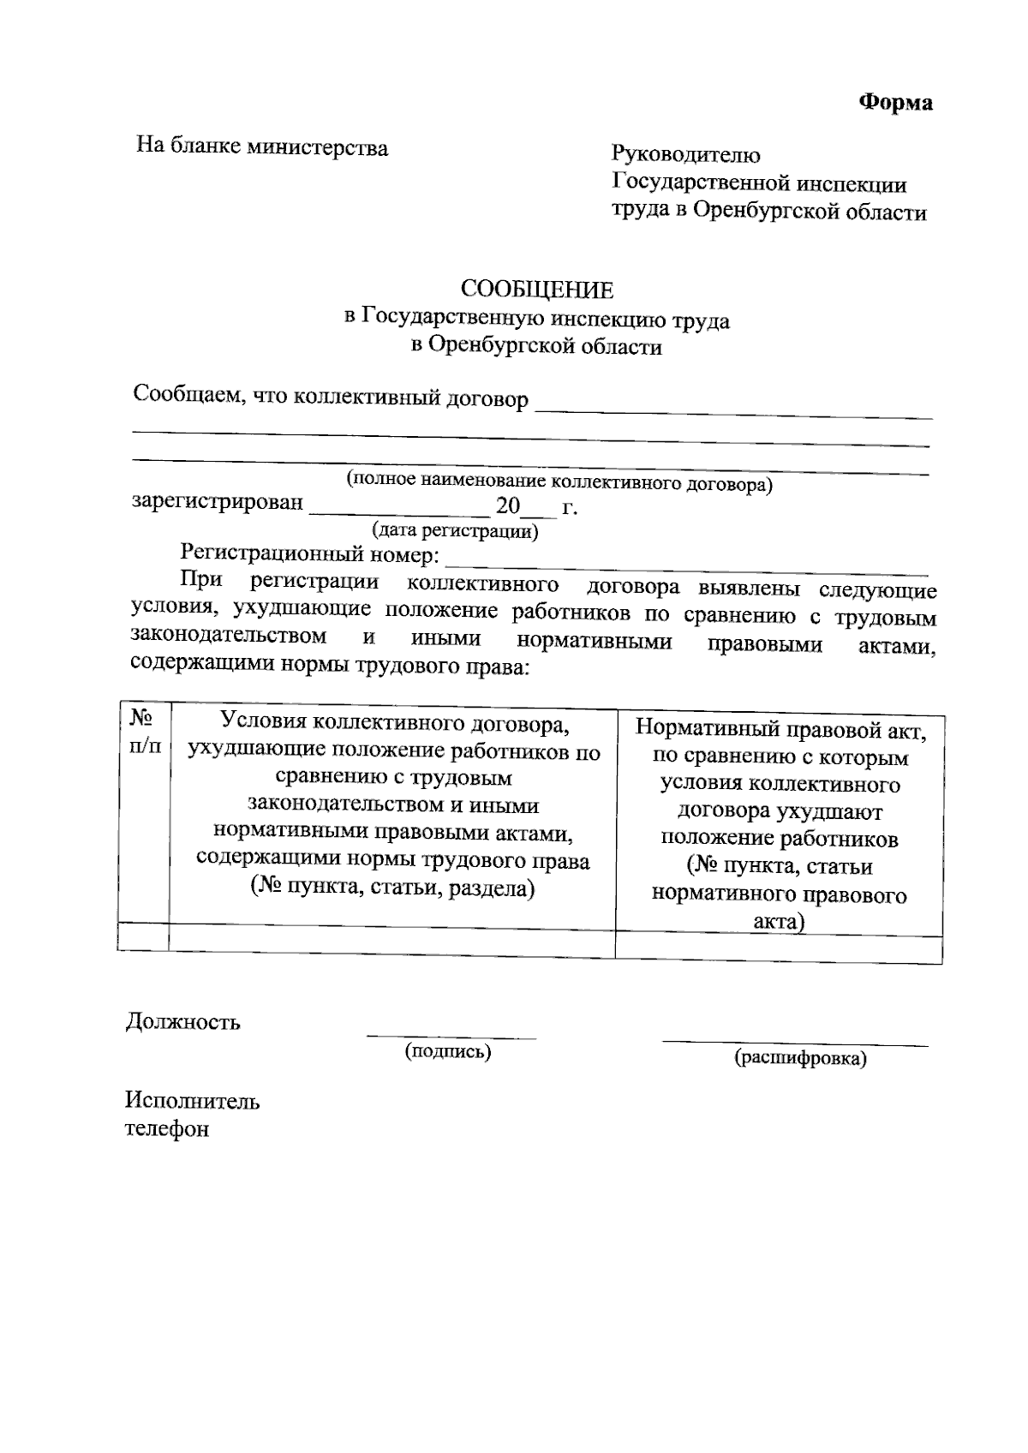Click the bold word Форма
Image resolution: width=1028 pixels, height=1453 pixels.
(896, 103)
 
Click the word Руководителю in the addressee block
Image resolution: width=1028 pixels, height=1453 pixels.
(685, 155)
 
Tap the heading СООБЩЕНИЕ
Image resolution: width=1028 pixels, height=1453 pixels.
(537, 290)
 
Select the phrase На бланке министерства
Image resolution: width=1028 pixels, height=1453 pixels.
(262, 147)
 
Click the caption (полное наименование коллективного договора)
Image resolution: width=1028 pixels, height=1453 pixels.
(559, 482)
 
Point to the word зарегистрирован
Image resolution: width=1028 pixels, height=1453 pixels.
(218, 502)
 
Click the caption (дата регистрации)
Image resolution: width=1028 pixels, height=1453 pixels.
(454, 531)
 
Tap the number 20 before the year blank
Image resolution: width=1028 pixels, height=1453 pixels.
(508, 506)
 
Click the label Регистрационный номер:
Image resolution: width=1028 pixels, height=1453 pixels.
(310, 555)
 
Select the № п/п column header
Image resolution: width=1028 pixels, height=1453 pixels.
(144, 730)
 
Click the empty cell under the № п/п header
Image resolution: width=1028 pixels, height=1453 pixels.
(143, 936)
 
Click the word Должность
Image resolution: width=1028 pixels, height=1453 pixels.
(182, 1022)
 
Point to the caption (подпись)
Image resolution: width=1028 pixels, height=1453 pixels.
(448, 1051)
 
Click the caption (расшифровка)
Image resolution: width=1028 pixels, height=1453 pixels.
(800, 1058)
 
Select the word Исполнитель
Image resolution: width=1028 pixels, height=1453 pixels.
(192, 1101)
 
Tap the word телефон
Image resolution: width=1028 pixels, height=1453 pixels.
(167, 1129)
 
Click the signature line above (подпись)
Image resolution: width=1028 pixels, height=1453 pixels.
(451, 1036)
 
